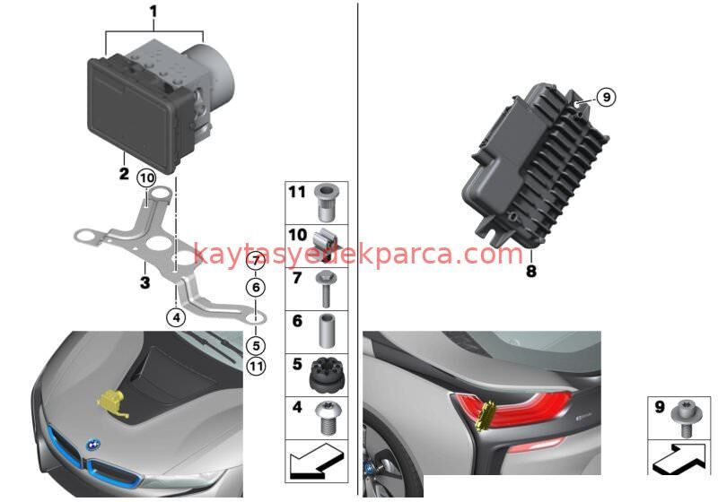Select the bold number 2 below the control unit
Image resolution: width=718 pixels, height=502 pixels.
124,173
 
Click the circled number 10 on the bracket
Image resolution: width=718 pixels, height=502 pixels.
146,178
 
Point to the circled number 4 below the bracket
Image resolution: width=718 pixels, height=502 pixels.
176,316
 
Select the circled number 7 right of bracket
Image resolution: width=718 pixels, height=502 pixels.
255,262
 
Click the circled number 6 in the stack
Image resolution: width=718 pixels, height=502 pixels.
255,288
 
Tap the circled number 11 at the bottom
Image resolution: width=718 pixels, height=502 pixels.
256,365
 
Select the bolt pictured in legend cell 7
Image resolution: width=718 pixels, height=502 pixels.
325,288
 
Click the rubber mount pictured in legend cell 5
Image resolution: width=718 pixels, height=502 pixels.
325,375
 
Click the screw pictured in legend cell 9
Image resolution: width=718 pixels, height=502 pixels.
687,417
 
